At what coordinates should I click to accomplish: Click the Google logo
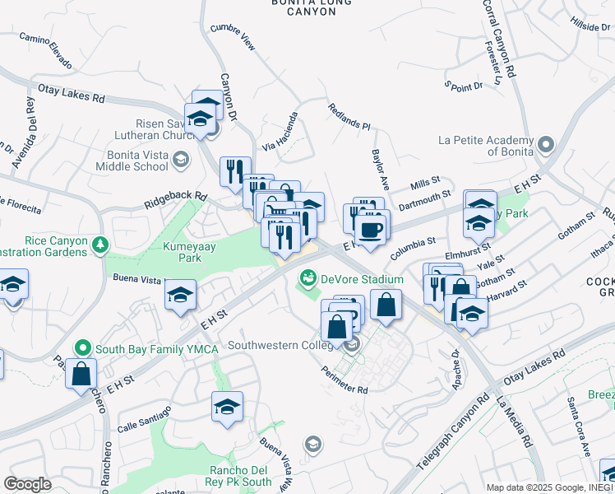click(x=27, y=484)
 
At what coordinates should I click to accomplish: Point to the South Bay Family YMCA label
click(x=156, y=349)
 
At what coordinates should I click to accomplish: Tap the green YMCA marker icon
click(x=82, y=349)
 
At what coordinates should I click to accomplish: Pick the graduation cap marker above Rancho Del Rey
click(x=227, y=406)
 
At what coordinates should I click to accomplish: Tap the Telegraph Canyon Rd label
click(x=452, y=437)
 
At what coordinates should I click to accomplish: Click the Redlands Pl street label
click(x=349, y=116)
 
